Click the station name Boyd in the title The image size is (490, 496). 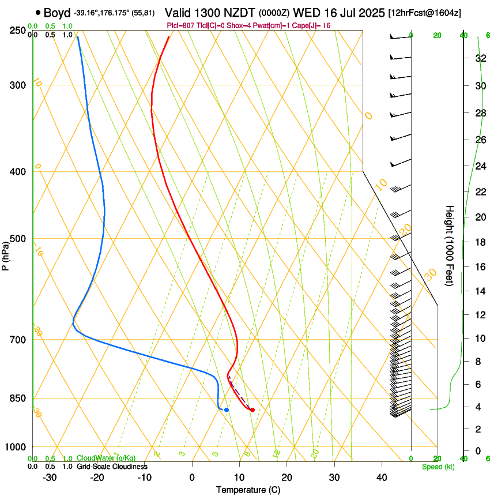pos(56,13)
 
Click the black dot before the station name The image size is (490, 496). pos(38,12)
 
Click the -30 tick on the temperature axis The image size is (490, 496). pos(50,477)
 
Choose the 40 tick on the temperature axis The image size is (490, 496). pos(381,477)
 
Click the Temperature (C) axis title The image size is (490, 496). pos(248,490)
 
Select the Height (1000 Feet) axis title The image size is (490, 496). pos(450,245)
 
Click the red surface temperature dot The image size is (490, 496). pos(252,409)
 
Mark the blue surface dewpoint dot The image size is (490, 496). pos(227,409)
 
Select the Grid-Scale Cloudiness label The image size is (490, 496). pos(112,466)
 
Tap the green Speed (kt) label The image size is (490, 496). pos(438,466)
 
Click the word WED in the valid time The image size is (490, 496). pos(306,13)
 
